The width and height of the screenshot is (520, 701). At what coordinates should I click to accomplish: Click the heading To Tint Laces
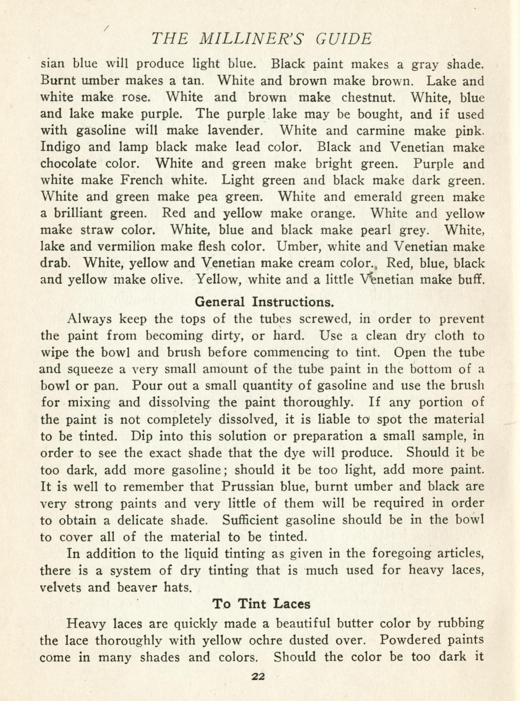(262, 604)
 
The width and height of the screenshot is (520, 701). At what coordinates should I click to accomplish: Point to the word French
(142, 180)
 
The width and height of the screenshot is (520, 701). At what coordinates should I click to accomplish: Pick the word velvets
(61, 588)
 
